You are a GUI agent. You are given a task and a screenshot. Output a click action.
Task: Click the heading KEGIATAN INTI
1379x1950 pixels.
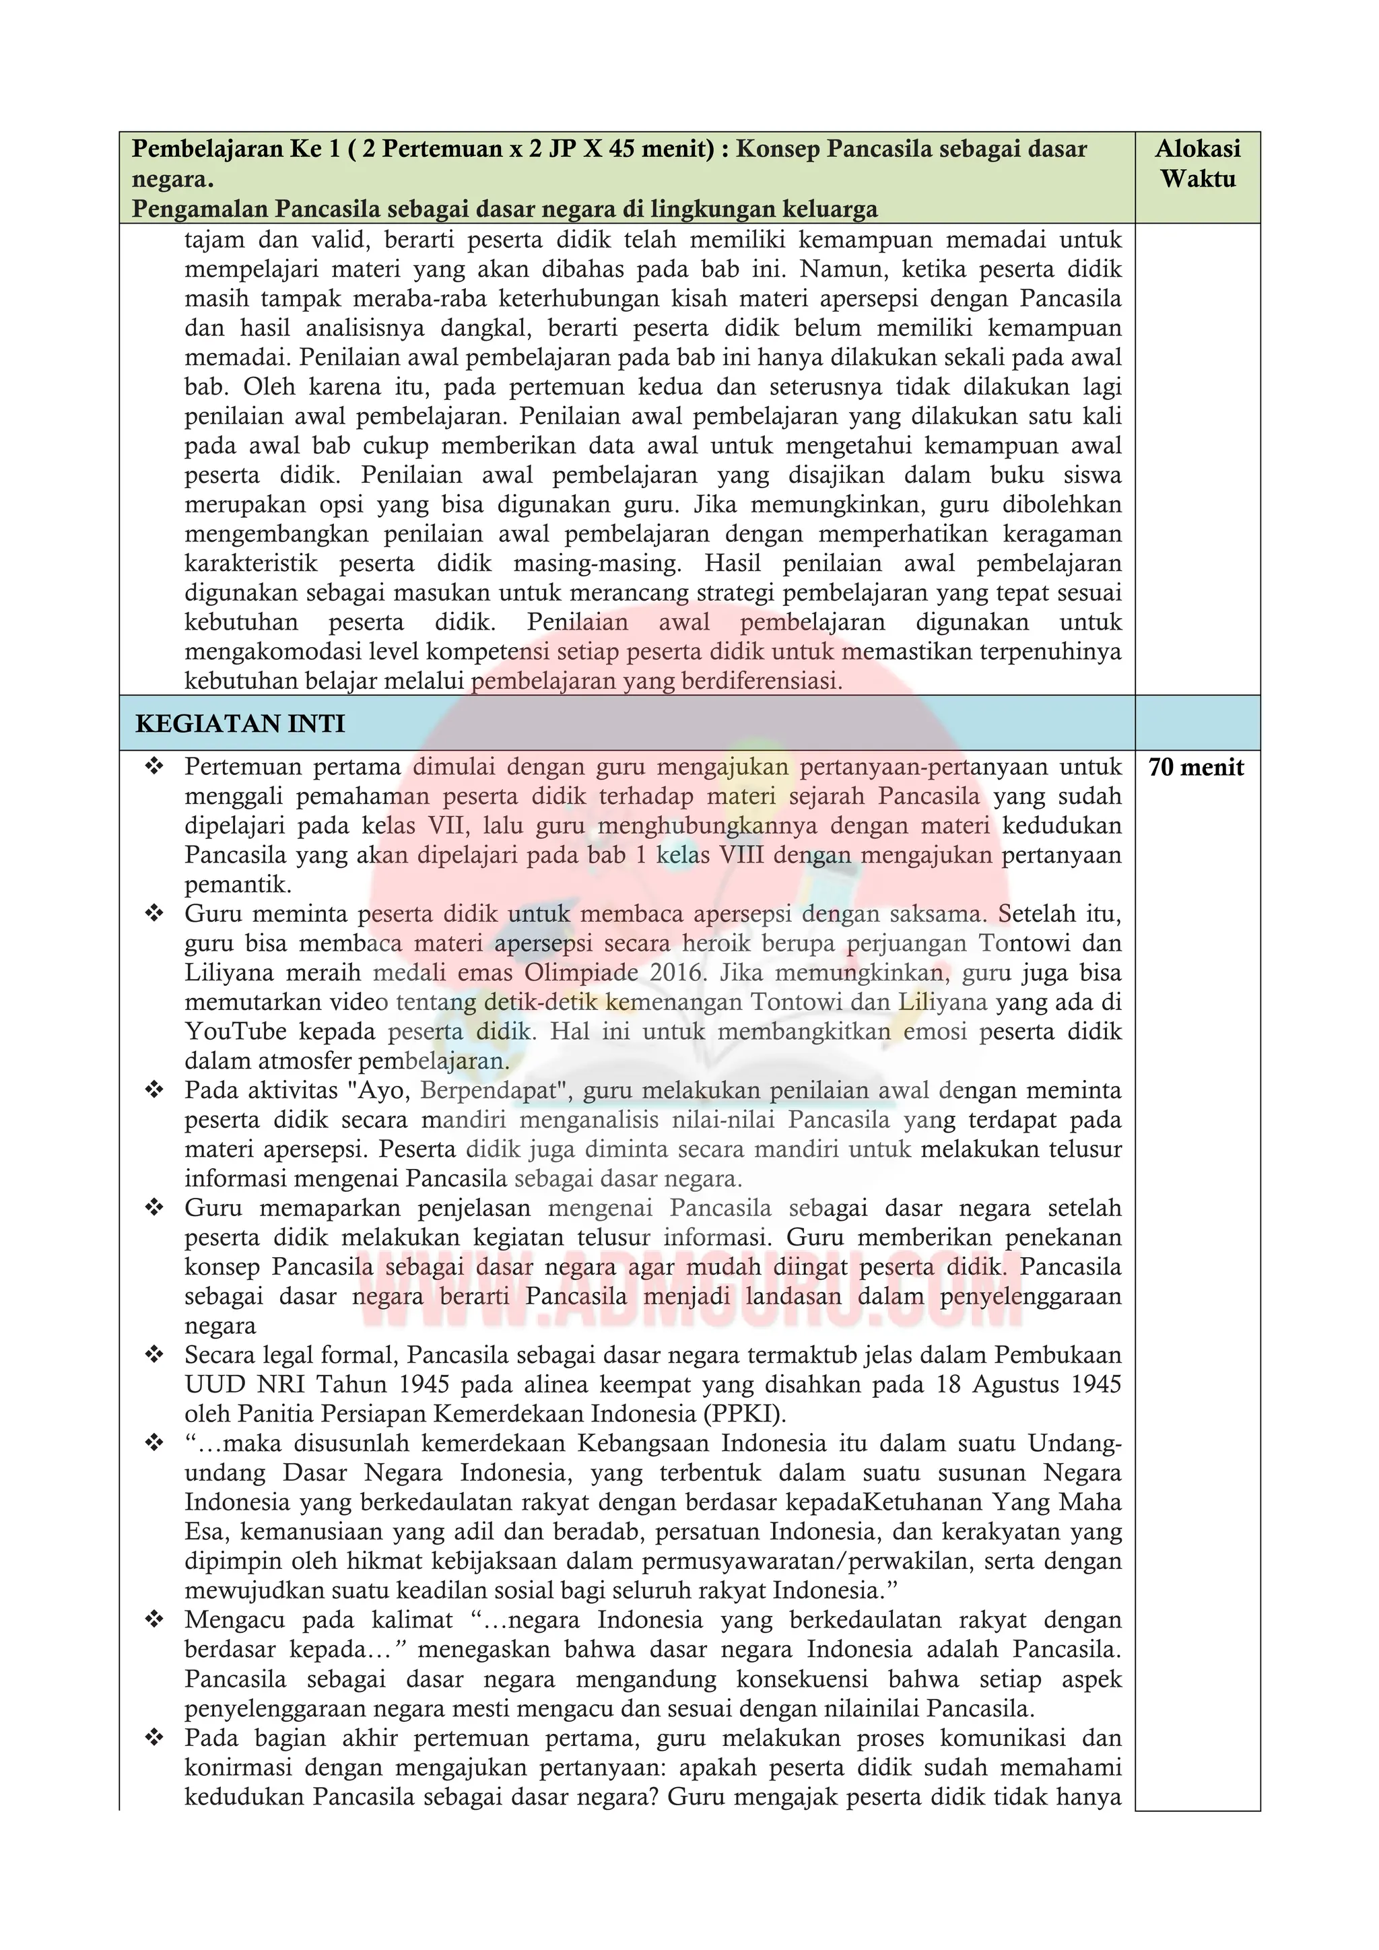pos(240,724)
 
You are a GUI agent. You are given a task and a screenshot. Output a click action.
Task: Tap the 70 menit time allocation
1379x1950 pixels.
pos(1196,768)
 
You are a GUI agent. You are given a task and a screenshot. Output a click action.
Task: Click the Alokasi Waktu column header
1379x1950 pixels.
pos(1197,164)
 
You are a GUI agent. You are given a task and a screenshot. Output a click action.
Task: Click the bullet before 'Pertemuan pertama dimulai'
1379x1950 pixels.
pos(154,768)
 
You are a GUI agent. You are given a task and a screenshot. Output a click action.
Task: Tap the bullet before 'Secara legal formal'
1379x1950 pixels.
pos(154,1355)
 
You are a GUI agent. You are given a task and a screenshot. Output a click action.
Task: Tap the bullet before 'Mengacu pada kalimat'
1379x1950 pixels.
pos(154,1621)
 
